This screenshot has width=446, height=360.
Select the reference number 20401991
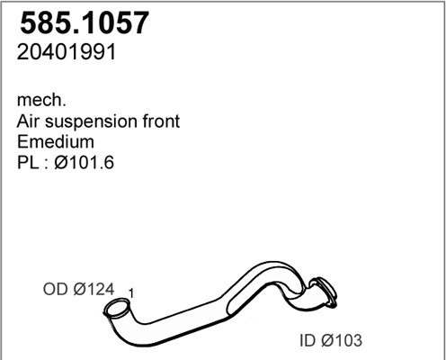click(x=67, y=53)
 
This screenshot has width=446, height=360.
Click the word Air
click(x=30, y=121)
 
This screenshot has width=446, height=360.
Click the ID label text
click(x=308, y=341)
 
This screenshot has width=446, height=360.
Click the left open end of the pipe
click(x=115, y=311)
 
